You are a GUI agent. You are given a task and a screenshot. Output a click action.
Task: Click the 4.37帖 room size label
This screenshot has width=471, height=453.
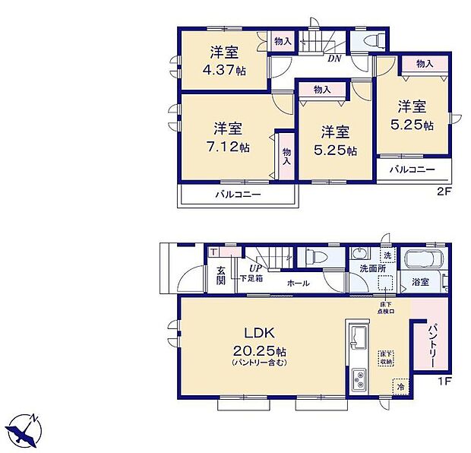(x=228, y=70)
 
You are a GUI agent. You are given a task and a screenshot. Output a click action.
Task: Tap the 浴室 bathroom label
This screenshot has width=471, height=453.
(x=419, y=281)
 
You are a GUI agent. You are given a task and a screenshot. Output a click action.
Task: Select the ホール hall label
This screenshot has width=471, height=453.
(x=298, y=283)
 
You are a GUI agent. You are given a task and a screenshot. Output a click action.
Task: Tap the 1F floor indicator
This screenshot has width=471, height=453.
(x=444, y=400)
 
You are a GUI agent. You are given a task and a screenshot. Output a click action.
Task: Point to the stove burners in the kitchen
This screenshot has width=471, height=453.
(x=358, y=378)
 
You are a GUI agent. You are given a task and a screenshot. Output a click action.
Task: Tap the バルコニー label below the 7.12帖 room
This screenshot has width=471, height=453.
(x=237, y=195)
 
